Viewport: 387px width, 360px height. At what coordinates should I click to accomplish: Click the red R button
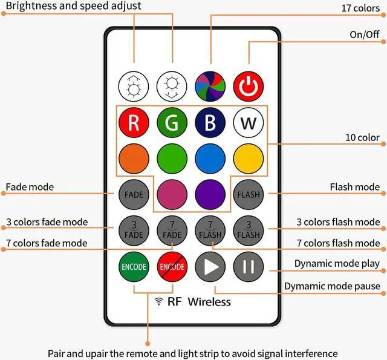point(134,123)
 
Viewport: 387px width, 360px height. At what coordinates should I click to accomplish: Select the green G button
point(172,123)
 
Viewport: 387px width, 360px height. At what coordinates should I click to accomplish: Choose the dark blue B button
point(210,123)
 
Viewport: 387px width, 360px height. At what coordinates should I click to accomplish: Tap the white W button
point(248,123)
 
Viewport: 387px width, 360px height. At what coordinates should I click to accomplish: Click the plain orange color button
point(134,158)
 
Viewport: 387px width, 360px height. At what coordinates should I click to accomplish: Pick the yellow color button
point(248,158)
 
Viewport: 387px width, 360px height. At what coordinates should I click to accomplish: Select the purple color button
point(210,194)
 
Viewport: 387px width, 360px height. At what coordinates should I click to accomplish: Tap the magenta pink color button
point(172,194)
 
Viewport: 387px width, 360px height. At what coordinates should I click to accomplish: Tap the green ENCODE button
point(134,266)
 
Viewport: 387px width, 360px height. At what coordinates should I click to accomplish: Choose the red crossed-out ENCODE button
point(172,266)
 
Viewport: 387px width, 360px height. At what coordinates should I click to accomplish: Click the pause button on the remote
point(248,266)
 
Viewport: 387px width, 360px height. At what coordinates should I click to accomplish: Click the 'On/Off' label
point(365,34)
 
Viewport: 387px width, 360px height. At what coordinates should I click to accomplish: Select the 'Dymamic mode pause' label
point(332,286)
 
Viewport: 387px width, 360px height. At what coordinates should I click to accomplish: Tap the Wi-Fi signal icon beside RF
point(159,301)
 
